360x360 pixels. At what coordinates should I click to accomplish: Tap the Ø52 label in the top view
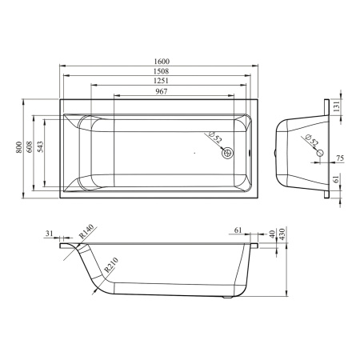click(214, 138)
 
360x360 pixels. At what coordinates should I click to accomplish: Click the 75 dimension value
click(340, 158)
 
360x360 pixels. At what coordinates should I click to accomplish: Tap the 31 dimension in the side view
click(50, 234)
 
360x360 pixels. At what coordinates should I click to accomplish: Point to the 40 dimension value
click(272, 234)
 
